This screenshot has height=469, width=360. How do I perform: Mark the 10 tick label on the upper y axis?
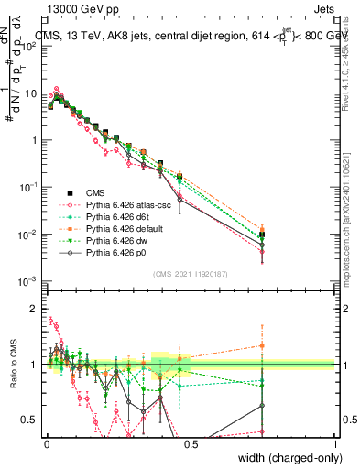point(30,93)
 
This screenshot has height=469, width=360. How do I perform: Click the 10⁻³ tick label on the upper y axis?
point(28,281)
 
